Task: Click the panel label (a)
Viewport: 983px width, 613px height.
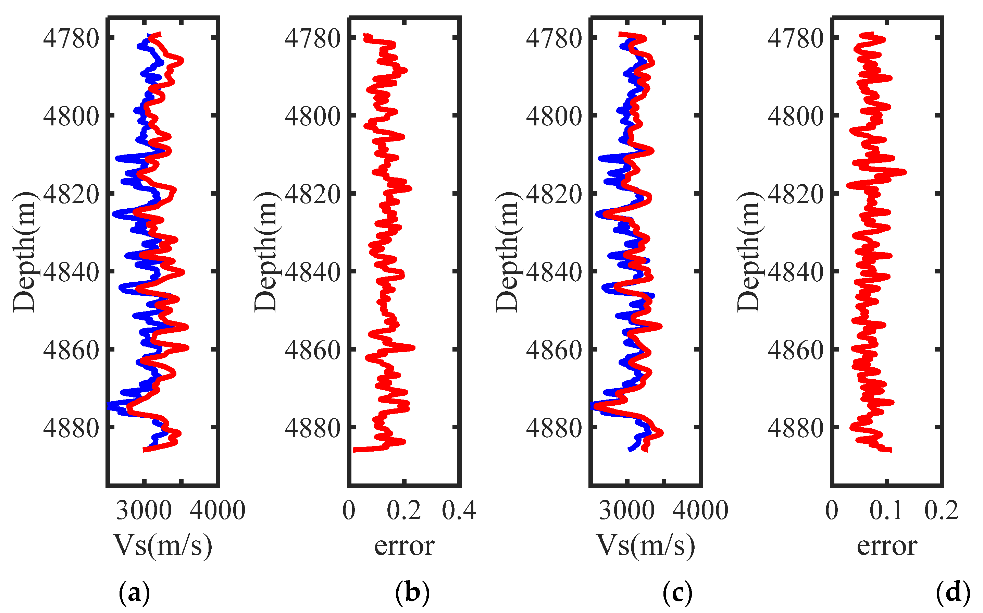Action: [x=134, y=593]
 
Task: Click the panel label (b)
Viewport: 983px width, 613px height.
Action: [x=412, y=593]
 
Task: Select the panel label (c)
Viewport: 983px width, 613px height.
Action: [x=677, y=593]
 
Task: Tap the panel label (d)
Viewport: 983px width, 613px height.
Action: [x=953, y=593]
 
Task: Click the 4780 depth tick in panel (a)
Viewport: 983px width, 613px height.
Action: [x=71, y=38]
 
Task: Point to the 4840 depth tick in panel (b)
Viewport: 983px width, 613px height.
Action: [x=312, y=272]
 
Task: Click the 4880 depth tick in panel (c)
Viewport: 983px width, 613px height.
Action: [x=554, y=428]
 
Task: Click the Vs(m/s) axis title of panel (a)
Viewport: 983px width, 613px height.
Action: [x=163, y=546]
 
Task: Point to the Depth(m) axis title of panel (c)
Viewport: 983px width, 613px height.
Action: [x=507, y=252]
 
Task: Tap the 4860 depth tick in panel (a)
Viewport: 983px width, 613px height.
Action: [x=71, y=350]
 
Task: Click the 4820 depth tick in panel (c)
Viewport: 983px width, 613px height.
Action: [x=554, y=194]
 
